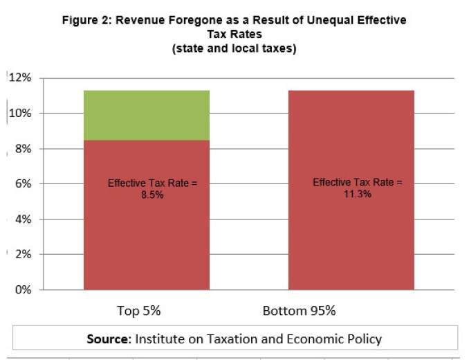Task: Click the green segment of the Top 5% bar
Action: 146,115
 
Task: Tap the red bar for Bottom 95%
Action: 351,235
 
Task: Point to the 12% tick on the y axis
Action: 21,78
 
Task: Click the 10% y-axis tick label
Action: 21,114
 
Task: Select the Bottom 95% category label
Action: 299,310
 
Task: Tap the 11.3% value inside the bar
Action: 357,194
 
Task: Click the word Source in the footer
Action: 109,339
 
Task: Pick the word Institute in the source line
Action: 160,339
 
